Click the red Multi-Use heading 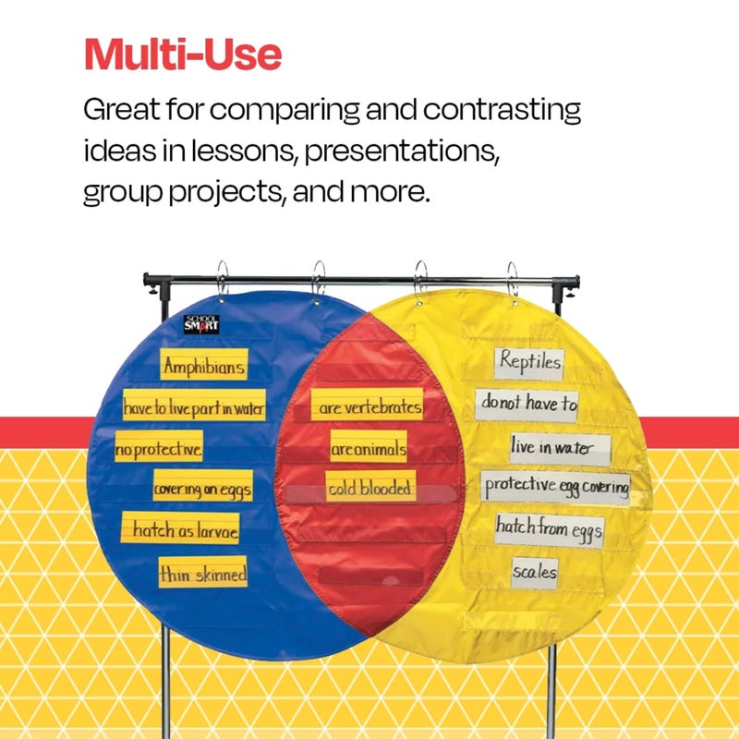(183, 55)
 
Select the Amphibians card (204, 367)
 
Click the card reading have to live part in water (194, 406)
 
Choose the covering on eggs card (201, 488)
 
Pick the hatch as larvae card (184, 530)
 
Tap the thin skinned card (202, 574)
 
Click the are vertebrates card (367, 406)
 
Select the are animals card (369, 449)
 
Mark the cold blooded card (369, 489)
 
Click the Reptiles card (529, 362)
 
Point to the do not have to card (527, 404)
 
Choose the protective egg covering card (555, 485)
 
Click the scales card (535, 572)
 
